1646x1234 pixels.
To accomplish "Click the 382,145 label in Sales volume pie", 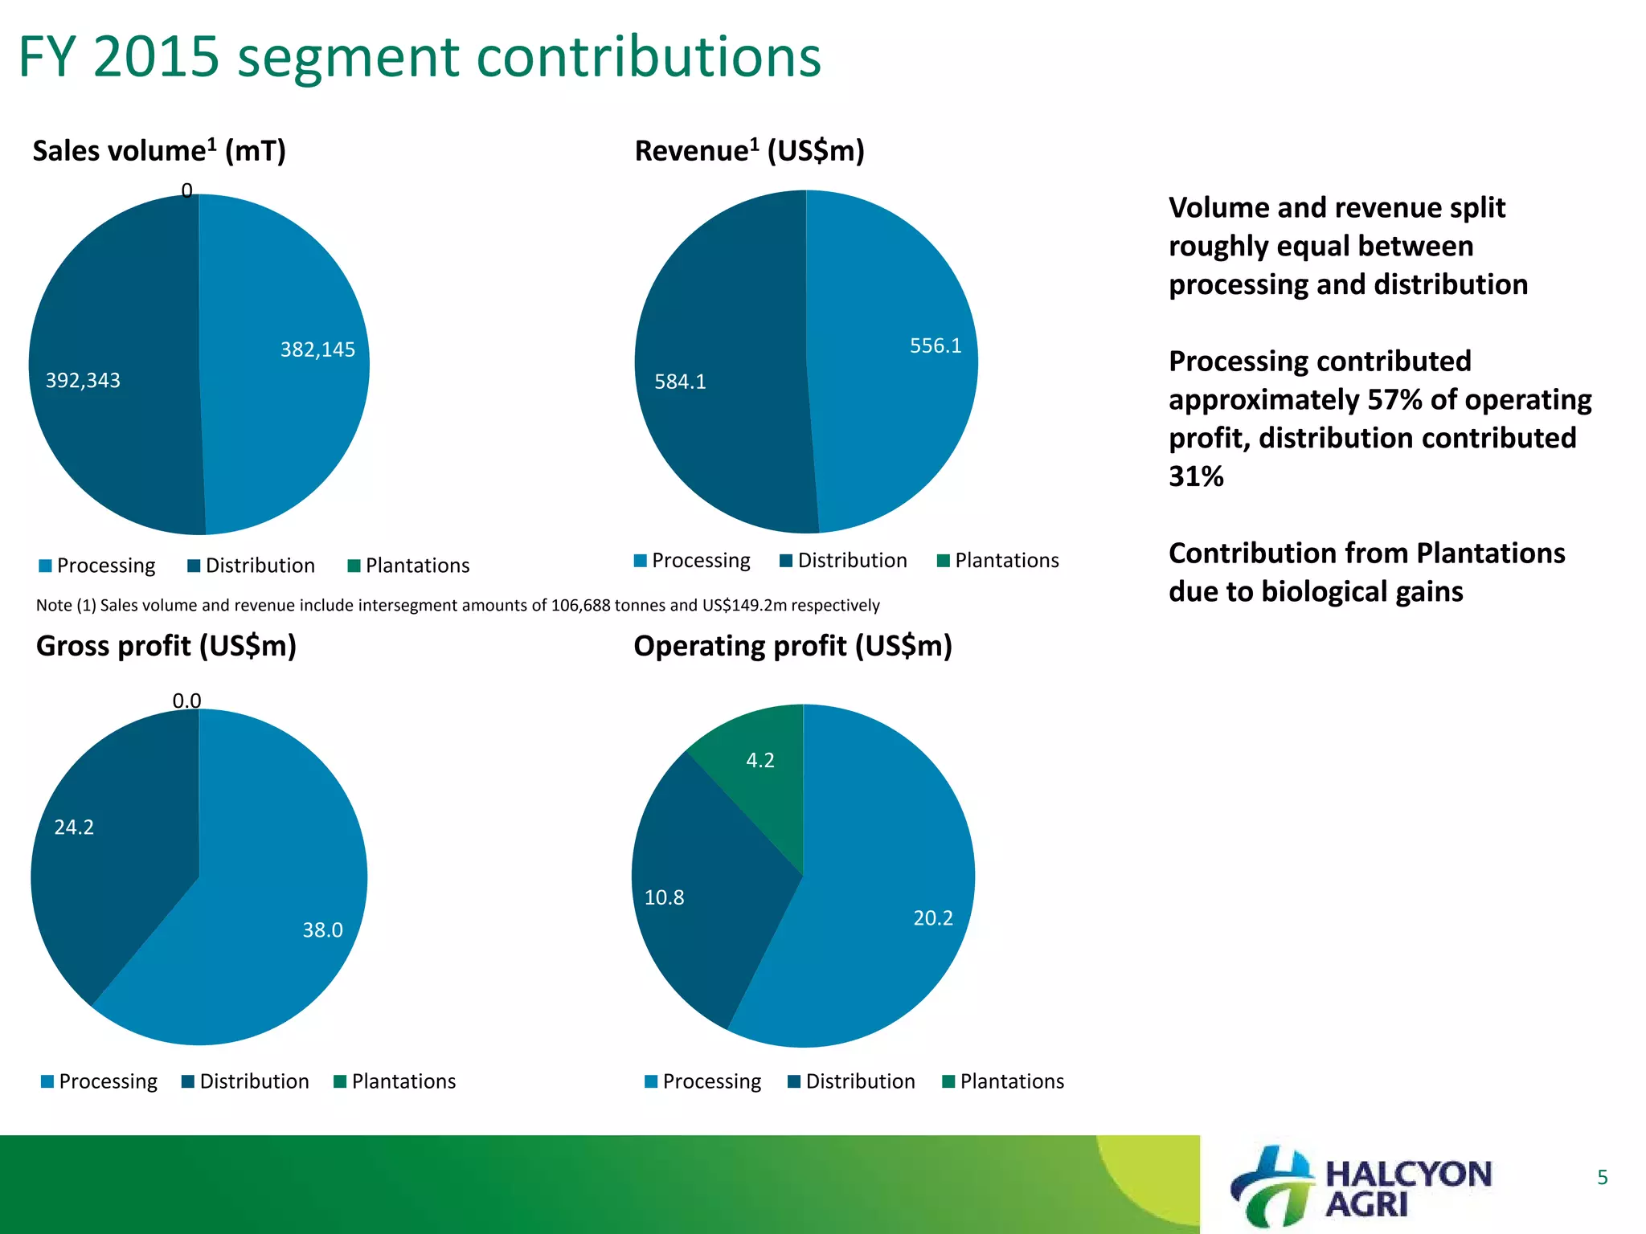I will [317, 349].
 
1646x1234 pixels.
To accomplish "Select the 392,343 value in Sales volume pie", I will [83, 380].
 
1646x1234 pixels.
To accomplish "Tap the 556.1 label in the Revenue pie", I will [936, 345].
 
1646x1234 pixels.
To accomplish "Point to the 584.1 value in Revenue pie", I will [680, 382].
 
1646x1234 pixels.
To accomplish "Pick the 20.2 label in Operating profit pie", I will [933, 917].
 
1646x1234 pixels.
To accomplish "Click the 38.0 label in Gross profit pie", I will [322, 930].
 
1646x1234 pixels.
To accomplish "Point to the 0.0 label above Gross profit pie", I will [186, 701].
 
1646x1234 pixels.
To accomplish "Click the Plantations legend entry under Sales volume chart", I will [408, 566].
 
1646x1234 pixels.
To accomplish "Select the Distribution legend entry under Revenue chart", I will [843, 560].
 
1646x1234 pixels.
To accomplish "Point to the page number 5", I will [1602, 1178].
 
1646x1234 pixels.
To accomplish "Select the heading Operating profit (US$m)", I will [792, 646].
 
